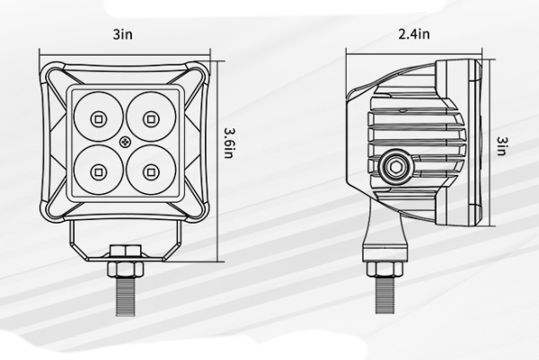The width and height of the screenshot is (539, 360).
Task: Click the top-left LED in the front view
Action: [x=98, y=117]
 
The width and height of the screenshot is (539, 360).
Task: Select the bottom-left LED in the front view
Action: [x=98, y=167]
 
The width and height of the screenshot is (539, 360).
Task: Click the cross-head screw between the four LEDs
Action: [x=123, y=142]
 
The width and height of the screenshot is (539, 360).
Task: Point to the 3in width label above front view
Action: [x=123, y=36]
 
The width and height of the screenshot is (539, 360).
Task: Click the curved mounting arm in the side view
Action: [x=376, y=224]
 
